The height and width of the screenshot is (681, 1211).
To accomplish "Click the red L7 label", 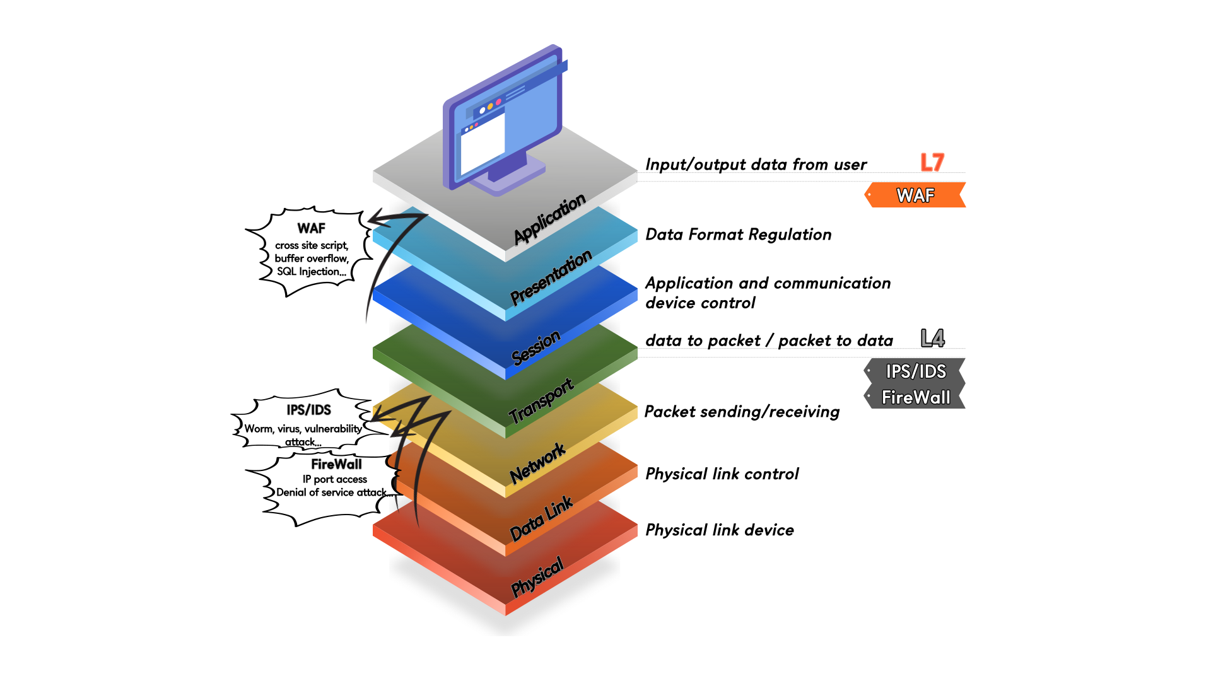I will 932,162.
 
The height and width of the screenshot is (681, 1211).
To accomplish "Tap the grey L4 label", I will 932,339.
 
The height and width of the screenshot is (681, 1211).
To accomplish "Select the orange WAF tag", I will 915,195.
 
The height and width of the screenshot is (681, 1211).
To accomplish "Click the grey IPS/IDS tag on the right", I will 915,371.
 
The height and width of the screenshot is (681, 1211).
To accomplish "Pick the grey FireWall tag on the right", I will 915,397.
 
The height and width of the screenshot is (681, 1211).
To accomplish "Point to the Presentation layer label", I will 551,277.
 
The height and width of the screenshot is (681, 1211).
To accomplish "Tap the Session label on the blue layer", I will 535,347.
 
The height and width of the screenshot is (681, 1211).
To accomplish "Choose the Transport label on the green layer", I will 541,401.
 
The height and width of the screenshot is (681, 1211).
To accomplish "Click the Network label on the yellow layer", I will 537,463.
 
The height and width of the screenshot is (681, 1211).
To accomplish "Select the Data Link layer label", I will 541,518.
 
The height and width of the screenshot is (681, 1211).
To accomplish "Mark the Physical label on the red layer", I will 537,577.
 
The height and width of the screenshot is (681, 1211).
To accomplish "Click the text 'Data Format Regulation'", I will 738,235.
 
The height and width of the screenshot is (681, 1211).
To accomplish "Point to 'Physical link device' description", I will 719,530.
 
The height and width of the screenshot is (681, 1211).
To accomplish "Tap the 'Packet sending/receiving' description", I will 742,412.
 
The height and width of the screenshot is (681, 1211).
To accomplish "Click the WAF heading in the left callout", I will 312,228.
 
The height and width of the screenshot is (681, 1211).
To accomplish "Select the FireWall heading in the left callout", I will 336,465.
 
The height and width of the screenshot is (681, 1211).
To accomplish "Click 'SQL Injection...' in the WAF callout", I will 312,272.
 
